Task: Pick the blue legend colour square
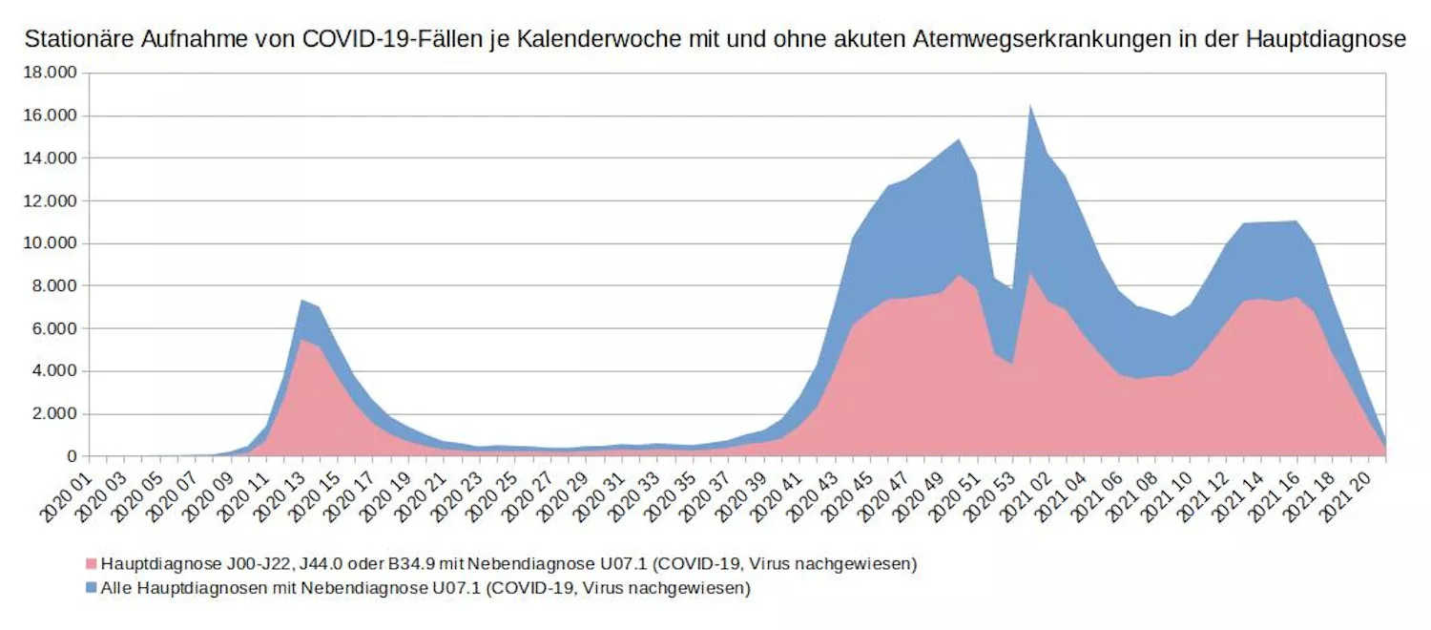click(x=92, y=588)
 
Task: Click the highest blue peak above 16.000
click(x=1030, y=107)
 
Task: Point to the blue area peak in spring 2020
click(x=301, y=302)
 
